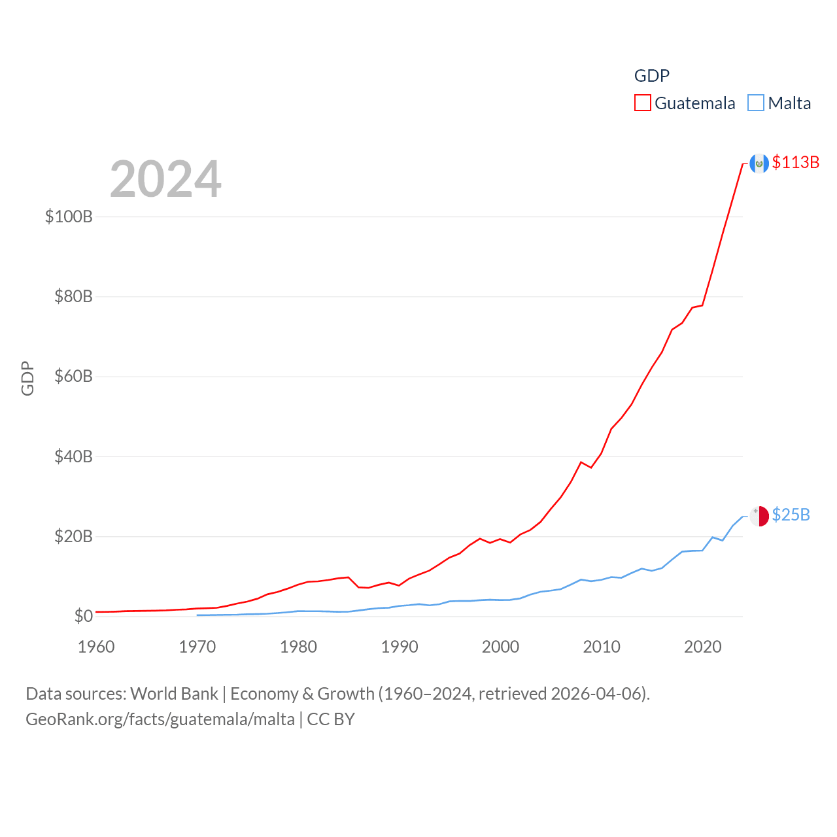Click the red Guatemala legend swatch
[643, 103]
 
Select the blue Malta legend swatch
[756, 103]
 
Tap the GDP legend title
[652, 76]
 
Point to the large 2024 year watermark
[165, 179]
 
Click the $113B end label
[795, 162]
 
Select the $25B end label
[791, 515]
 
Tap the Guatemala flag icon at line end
[759, 163]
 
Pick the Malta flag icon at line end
[759, 516]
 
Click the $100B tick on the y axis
[69, 216]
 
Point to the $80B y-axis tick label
[73, 297]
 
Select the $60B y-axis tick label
[73, 377]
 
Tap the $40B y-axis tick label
[73, 456]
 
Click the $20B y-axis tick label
[73, 537]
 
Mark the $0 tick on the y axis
[83, 616]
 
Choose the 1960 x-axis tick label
[96, 647]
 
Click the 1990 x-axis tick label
[400, 647]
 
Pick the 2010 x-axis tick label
[602, 647]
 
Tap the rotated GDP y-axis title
[27, 378]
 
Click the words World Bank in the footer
[174, 693]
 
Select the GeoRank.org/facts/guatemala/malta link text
[160, 719]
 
